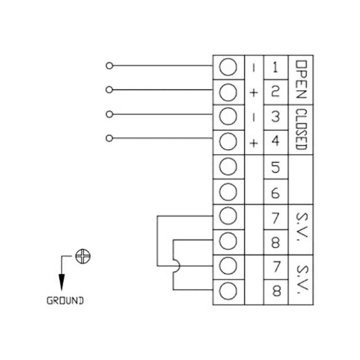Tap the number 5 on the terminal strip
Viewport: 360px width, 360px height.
pos(276,167)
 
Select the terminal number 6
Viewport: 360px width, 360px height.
pos(276,192)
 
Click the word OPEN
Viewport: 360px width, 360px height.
pos(301,80)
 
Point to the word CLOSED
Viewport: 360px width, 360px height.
pos(301,129)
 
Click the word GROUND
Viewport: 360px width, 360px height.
pos(65,301)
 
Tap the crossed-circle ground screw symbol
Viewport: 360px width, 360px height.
pos(83,257)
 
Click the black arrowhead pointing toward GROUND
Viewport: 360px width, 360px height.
pos(62,281)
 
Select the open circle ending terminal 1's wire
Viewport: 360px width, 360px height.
pos(109,66)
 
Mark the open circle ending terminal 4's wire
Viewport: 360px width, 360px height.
pos(109,138)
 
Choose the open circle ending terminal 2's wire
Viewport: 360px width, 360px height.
pos(109,90)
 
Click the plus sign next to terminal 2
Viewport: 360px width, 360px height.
pos(254,93)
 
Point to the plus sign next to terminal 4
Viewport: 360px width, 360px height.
pos(254,143)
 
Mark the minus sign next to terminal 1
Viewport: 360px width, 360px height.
pos(254,68)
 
